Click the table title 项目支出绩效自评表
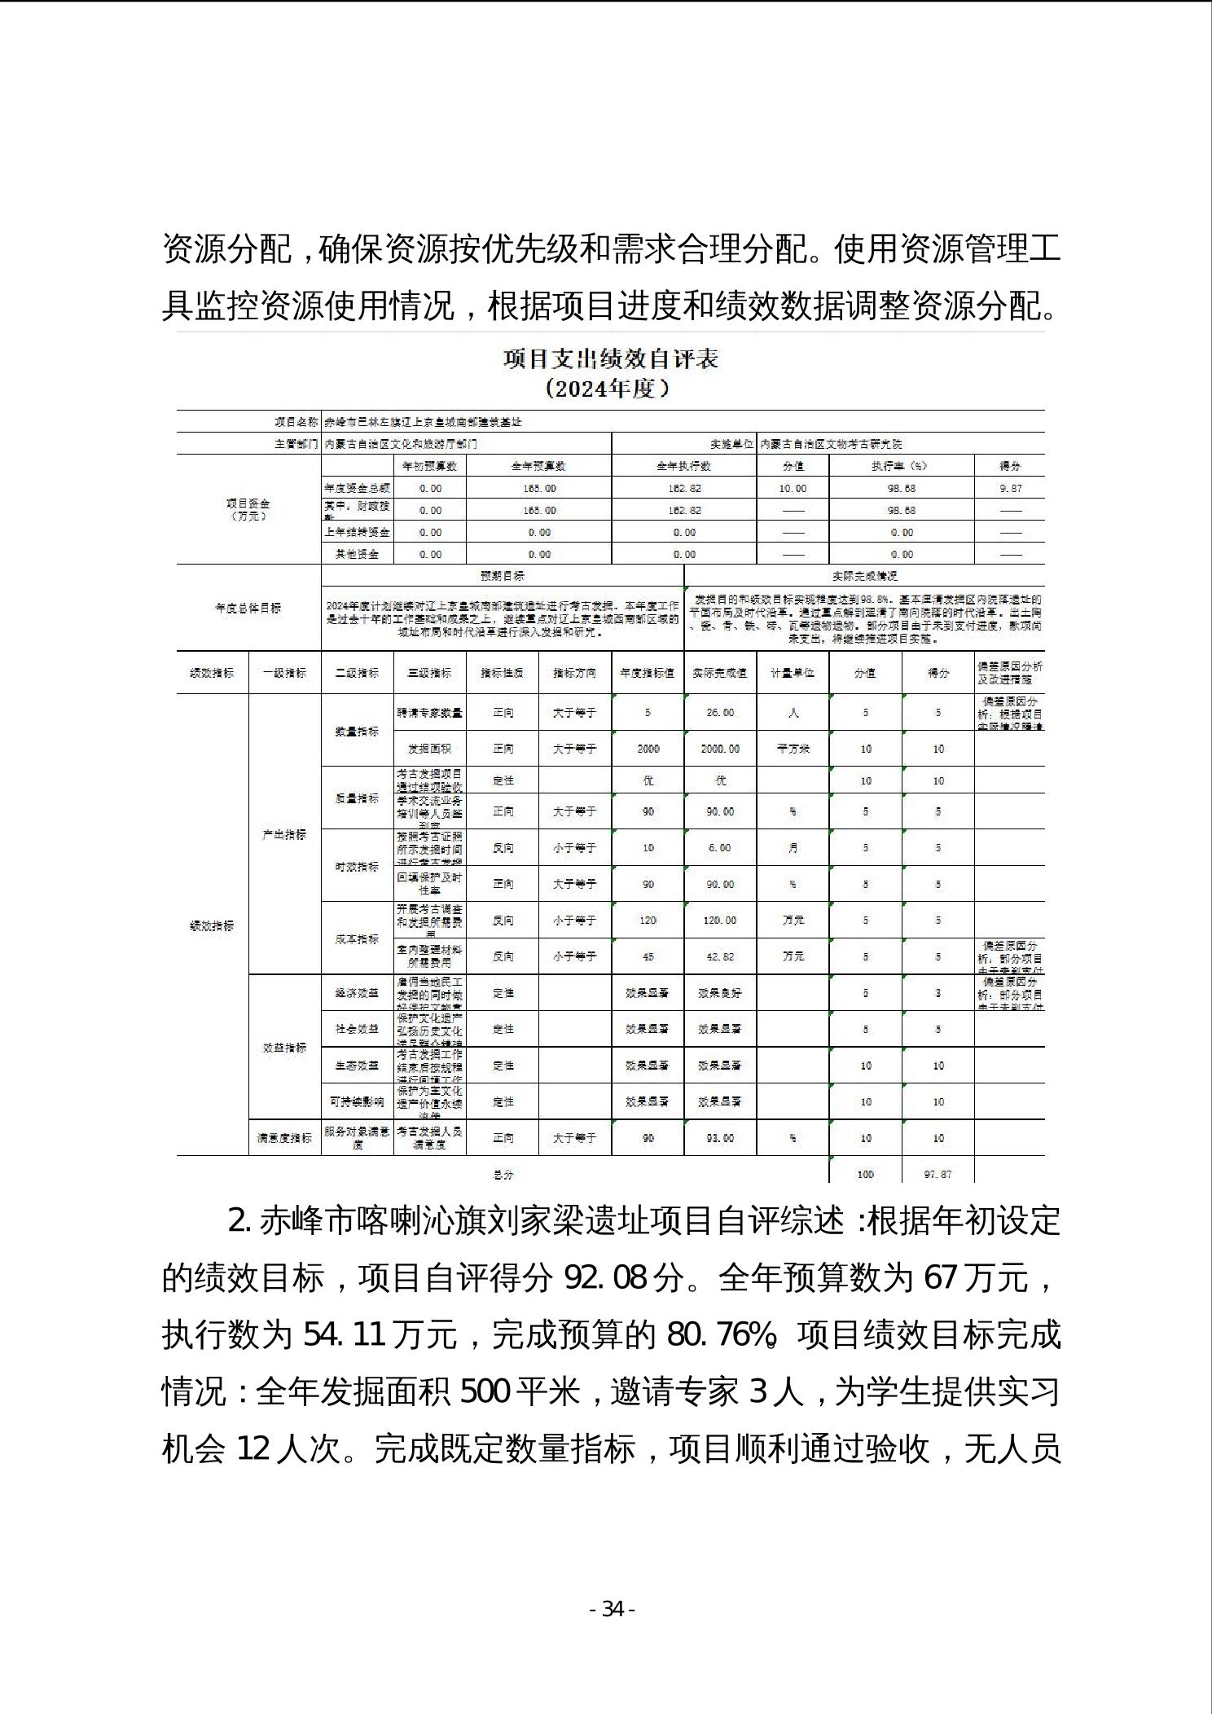point(610,359)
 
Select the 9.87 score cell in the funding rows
point(1009,489)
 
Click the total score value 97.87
point(938,1175)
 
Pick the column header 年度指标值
point(648,673)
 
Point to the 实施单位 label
point(731,445)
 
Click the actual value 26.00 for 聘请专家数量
point(720,713)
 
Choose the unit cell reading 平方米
point(793,749)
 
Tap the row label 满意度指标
point(284,1138)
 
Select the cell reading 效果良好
point(720,994)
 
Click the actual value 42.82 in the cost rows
point(720,957)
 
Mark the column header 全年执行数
point(684,467)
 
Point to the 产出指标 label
point(284,835)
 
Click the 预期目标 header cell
point(503,576)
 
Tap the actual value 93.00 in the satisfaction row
point(720,1138)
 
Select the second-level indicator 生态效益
point(357,1066)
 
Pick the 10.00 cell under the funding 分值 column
point(793,489)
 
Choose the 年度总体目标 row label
point(248,609)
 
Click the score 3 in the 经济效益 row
point(938,994)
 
